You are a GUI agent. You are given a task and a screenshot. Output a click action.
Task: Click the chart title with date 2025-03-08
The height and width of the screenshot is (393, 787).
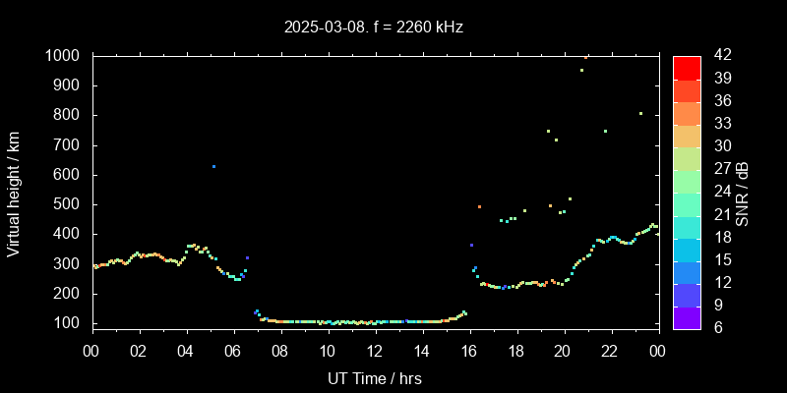click(x=374, y=27)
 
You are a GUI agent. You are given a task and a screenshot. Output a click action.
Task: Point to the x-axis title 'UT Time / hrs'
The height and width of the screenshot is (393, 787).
click(x=375, y=378)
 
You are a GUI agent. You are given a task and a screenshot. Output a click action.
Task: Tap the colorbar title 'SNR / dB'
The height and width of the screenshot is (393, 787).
click(x=743, y=193)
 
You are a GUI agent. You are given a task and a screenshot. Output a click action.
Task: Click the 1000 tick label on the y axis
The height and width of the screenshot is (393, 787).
click(x=64, y=56)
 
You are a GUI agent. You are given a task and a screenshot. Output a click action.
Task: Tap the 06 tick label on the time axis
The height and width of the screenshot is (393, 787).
click(x=233, y=351)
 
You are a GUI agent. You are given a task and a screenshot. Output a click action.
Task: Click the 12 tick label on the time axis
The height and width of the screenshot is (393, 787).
click(x=375, y=351)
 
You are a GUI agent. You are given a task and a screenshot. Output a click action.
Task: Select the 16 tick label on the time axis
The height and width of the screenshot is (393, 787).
click(x=469, y=351)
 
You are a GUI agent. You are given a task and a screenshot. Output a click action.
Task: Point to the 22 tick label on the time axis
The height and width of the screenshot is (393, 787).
click(x=610, y=351)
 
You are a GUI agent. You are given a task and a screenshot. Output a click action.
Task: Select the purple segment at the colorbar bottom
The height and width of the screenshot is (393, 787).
click(x=687, y=316)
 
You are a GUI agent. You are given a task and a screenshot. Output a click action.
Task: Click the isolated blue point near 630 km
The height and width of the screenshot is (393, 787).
click(x=213, y=166)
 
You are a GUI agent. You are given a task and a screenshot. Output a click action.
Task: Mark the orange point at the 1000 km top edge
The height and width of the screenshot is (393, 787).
click(x=586, y=57)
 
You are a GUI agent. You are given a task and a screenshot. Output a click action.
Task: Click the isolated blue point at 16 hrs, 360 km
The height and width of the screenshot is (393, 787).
click(x=471, y=245)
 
